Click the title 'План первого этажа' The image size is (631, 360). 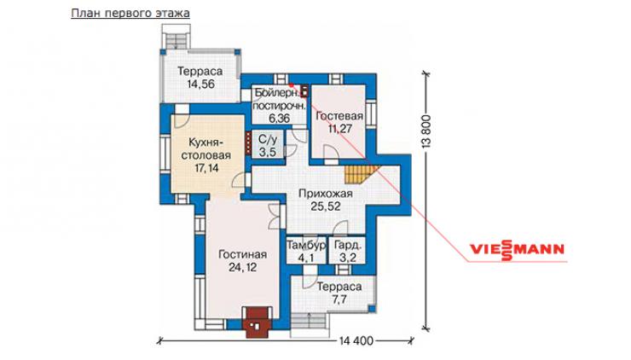(130, 14)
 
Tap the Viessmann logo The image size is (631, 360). (517, 249)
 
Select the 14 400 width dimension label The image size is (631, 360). (356, 341)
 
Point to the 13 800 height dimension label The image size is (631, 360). (426, 131)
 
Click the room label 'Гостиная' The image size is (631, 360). (242, 254)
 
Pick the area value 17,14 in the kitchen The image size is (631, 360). (206, 168)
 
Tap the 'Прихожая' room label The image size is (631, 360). (325, 194)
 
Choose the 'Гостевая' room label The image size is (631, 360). (339, 116)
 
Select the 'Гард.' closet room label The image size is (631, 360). (348, 245)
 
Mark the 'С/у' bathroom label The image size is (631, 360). (268, 140)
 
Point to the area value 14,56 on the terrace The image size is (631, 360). (200, 84)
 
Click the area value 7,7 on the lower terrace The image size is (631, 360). (339, 299)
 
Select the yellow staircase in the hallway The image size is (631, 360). (361, 174)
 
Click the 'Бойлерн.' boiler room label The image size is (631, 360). (277, 94)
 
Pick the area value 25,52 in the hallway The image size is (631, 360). (325, 206)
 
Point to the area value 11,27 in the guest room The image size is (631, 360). (339, 129)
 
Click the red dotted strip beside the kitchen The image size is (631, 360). (248, 144)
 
